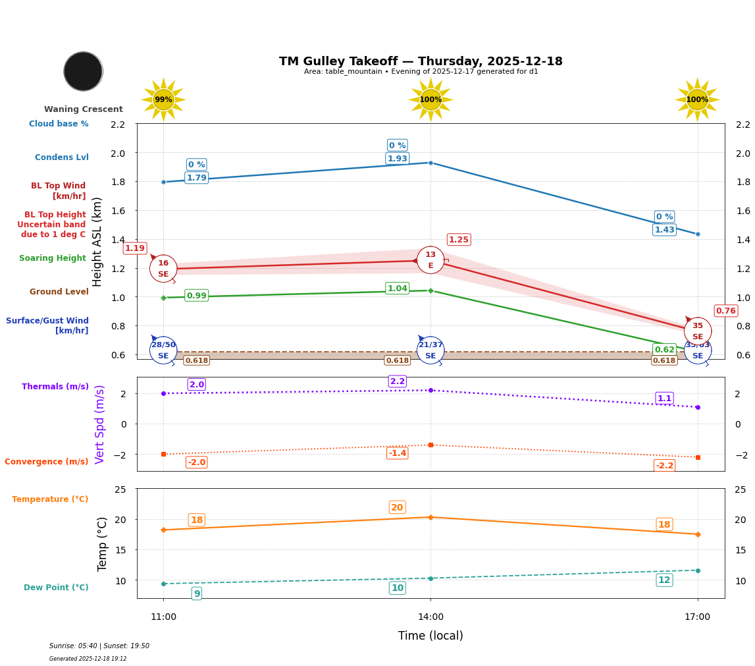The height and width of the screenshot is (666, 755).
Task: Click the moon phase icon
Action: click(83, 71)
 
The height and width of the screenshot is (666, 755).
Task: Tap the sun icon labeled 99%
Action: click(163, 99)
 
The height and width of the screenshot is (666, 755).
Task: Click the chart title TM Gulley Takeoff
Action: click(421, 61)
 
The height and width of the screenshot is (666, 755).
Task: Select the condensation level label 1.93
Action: click(397, 159)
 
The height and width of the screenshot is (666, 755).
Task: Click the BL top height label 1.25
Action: click(458, 240)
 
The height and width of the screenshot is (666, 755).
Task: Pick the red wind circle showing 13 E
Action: click(430, 260)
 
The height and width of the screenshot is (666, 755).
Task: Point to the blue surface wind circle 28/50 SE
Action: click(163, 350)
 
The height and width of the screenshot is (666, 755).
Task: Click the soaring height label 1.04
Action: click(397, 289)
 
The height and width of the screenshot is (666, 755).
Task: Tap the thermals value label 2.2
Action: click(397, 381)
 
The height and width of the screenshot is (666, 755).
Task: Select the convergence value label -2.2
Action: click(664, 466)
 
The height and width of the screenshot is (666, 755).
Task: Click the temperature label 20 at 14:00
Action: click(397, 507)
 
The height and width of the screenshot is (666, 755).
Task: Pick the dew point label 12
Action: click(664, 580)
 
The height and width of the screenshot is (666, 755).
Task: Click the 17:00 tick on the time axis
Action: click(697, 617)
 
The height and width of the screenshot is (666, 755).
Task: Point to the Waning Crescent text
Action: click(84, 109)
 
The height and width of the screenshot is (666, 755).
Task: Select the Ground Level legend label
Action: click(59, 292)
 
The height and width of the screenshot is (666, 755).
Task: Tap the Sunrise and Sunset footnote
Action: click(99, 646)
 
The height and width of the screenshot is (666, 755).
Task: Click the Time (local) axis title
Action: click(430, 636)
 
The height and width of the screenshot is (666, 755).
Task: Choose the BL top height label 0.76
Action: click(725, 311)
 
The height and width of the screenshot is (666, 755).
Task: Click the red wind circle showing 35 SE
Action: click(697, 331)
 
